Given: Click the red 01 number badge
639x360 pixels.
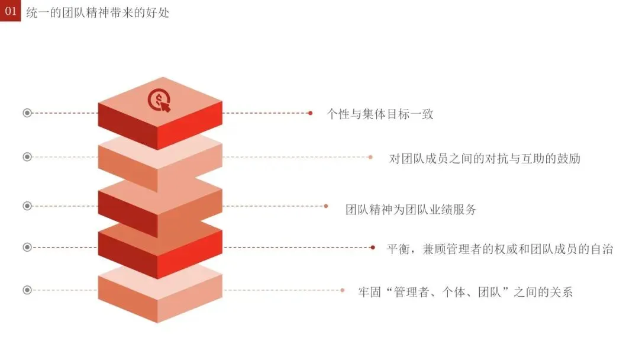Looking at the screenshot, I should point(10,11).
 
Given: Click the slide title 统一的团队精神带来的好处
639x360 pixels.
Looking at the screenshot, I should point(98,12).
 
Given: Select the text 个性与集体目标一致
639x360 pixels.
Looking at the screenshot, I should point(380,114).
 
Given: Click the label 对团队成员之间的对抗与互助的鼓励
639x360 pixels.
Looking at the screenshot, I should point(485,159).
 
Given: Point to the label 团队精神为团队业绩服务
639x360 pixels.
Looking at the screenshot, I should point(411,209).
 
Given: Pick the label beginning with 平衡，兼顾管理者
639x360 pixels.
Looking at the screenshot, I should point(500,249).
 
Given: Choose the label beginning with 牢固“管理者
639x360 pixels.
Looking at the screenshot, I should point(466,292).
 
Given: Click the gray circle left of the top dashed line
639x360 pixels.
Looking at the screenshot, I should point(27,112).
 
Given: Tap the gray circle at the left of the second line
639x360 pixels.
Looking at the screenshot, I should point(27,157).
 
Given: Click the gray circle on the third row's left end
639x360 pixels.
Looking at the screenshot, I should point(27,206).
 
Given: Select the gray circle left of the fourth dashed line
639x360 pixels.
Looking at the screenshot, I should point(27,247).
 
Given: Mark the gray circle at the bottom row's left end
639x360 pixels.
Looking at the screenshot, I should point(27,290).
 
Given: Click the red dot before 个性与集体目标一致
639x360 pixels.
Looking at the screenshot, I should point(310,112).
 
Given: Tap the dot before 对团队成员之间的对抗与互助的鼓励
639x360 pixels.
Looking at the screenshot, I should point(370,157).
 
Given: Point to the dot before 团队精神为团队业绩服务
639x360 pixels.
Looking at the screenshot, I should point(326,206).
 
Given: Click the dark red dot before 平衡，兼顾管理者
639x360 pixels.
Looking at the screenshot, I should point(373,247).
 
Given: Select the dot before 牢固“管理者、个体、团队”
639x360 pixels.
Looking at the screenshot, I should point(343,290).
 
